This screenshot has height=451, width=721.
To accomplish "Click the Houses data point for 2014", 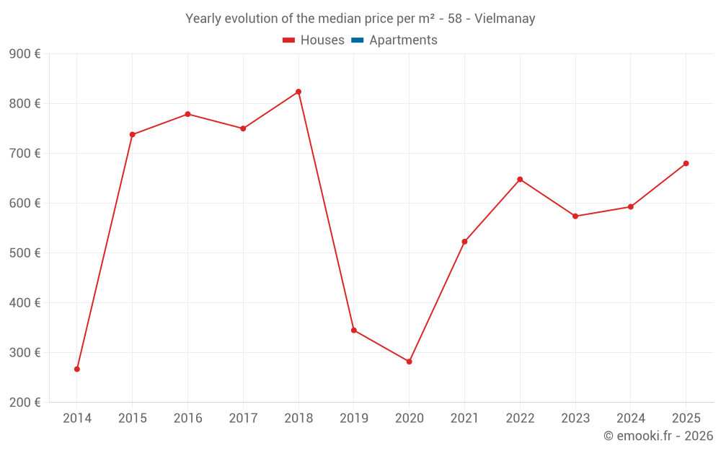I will coord(77,369).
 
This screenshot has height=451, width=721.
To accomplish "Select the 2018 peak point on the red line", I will coord(298,92).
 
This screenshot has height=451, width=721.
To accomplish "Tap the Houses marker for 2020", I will coord(409,362).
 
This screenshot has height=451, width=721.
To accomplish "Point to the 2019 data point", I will coord(354,330).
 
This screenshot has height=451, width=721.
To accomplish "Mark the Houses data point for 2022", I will coord(520,179).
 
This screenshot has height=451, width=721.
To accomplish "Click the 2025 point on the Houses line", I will coord(686,163).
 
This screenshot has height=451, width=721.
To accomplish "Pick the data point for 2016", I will coord(187,114).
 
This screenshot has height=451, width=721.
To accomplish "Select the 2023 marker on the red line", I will coord(575,216).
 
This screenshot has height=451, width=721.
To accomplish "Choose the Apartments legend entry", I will coord(403,40).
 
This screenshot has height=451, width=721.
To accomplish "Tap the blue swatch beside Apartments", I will coord(357,40).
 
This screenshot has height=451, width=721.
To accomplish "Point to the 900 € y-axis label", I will coord(25,54).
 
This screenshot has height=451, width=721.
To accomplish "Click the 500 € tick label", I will coord(25,253).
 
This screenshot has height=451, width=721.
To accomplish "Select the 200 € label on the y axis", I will coord(25,403).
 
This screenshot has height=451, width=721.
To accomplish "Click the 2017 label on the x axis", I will coord(243,419).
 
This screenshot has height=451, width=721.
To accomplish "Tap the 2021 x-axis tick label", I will coord(464,419).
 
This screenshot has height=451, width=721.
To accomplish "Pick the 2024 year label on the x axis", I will coord(630,419).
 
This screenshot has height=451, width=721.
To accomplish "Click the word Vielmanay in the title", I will coord(505,19).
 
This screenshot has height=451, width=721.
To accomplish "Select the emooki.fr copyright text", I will coord(658,436).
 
